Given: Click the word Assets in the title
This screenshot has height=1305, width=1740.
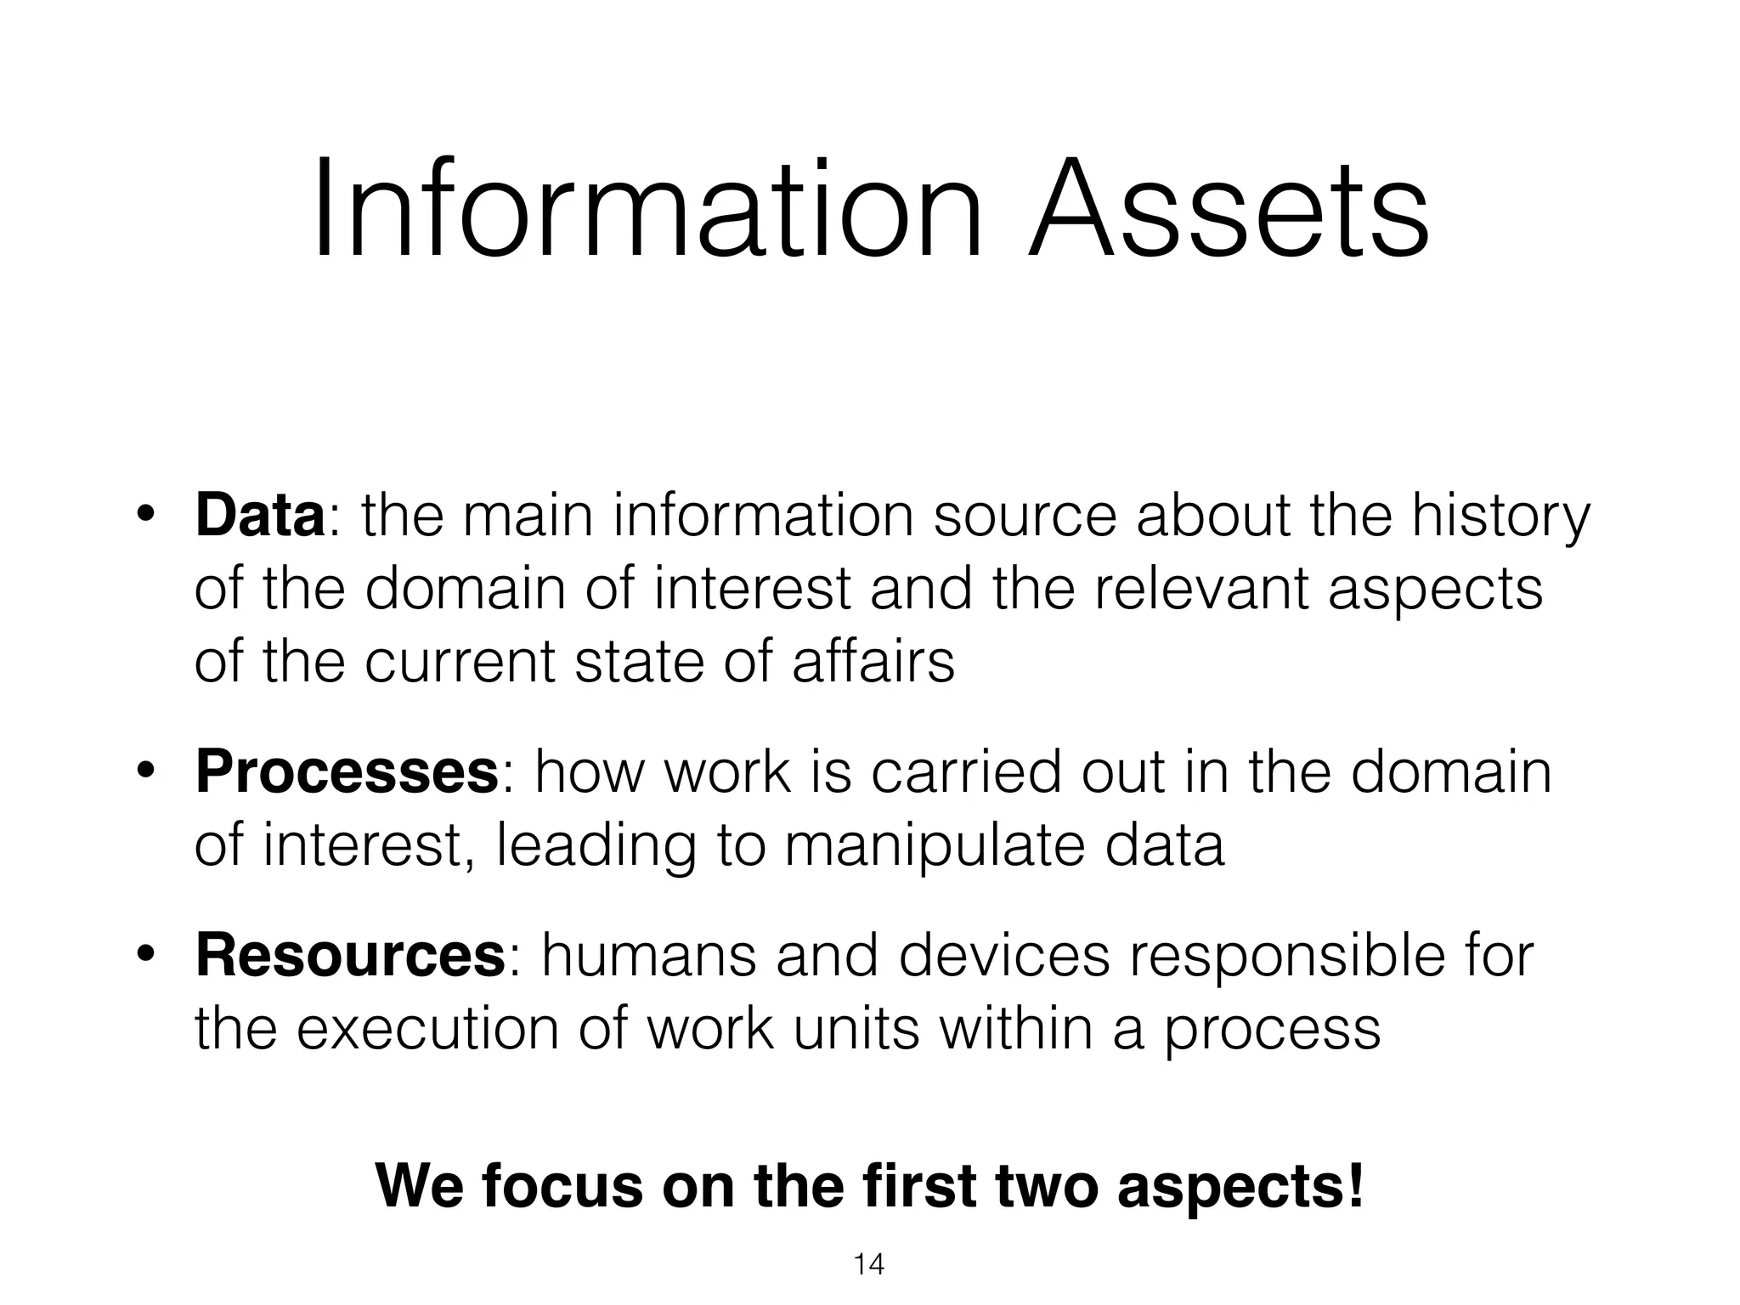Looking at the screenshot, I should point(1229,211).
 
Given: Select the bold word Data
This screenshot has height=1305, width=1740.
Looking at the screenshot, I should point(259,516).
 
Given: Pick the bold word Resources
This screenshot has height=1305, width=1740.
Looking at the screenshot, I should point(350,955).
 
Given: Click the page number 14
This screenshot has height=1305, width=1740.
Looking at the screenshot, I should point(868,1265).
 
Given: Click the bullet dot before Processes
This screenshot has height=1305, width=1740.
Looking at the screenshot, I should point(145,772).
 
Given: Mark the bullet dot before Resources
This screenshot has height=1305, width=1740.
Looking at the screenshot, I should point(145,956).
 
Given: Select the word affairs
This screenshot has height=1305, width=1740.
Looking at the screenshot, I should point(873,662).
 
